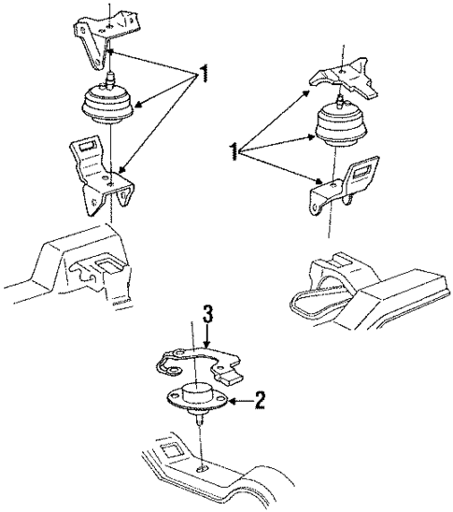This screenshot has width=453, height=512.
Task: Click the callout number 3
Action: point(208,314)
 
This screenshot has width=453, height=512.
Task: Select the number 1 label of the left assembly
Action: point(204,74)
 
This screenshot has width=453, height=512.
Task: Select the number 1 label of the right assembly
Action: point(234,152)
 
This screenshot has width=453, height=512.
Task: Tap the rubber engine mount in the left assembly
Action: point(108,105)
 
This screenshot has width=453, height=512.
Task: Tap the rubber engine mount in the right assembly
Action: point(341,126)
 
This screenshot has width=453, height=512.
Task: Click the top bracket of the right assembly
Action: point(346,78)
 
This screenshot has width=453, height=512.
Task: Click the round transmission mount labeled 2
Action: point(196,397)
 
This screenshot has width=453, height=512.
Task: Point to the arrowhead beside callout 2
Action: point(232,400)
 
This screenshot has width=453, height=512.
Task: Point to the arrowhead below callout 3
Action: point(206,343)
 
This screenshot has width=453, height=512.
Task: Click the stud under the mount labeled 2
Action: point(199,419)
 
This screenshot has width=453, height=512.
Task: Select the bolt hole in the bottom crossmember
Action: point(202,469)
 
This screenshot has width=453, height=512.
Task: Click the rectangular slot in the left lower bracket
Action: point(87,146)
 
